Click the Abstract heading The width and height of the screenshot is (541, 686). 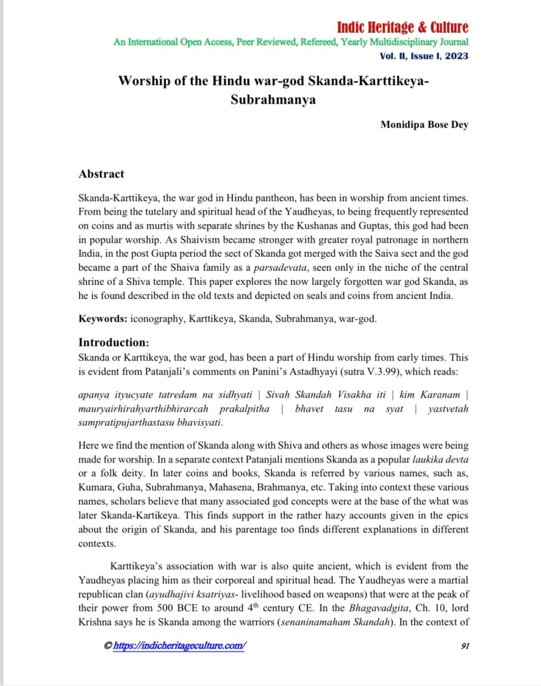click(101, 174)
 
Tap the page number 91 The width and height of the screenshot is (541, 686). click(464, 645)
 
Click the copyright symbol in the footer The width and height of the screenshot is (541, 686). click(107, 645)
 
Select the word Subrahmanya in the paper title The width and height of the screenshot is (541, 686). click(274, 100)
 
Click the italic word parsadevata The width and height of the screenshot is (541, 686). click(256, 269)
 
